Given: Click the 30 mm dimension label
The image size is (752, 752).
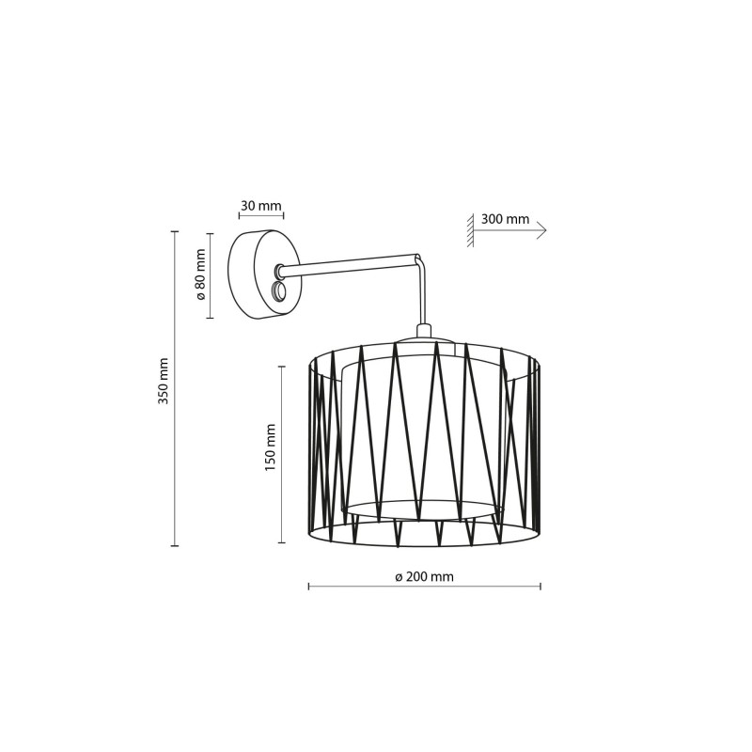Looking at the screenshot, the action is pyautogui.click(x=261, y=206).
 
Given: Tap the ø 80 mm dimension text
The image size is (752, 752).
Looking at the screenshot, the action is pyautogui.click(x=200, y=274).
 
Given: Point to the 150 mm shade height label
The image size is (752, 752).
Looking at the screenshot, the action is pyautogui.click(x=271, y=447).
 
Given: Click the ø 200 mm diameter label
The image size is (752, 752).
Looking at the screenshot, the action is pyautogui.click(x=425, y=576).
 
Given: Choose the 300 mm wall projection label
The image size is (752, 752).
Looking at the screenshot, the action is pyautogui.click(x=505, y=219).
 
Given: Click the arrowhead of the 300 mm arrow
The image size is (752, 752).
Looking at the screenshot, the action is pyautogui.click(x=542, y=230).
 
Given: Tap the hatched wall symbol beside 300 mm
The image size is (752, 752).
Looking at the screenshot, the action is pyautogui.click(x=471, y=230).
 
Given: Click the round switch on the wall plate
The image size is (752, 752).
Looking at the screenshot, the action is pyautogui.click(x=277, y=291).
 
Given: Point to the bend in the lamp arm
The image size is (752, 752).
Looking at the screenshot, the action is pyautogui.click(x=418, y=259).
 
